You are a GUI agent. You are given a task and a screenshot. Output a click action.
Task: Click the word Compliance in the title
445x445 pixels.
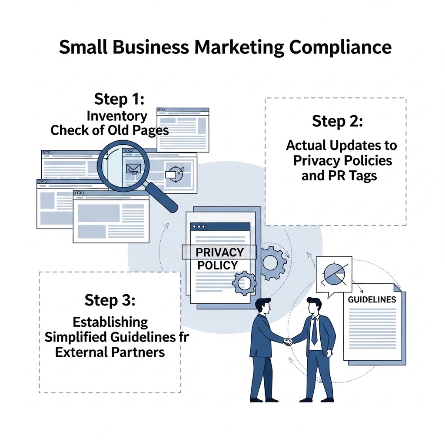point(340,47)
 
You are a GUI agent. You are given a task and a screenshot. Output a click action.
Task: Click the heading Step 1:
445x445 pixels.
point(119,99)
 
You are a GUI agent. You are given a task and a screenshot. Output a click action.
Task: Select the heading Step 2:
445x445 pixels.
point(337,122)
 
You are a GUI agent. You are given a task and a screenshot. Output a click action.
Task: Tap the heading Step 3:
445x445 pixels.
point(110,300)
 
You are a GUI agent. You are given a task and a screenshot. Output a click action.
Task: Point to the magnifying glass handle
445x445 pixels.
point(161,197)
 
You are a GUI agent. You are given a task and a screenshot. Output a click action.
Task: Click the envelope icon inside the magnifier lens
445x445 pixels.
point(133,169)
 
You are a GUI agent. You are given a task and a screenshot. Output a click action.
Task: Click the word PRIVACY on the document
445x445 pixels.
point(219,252)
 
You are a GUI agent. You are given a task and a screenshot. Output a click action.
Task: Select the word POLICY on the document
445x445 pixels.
point(217,266)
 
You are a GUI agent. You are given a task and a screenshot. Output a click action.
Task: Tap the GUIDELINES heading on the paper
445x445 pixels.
point(372,300)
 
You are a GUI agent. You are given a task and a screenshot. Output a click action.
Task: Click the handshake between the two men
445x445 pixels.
point(288,341)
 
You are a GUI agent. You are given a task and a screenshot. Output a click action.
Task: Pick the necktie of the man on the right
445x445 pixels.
point(314,331)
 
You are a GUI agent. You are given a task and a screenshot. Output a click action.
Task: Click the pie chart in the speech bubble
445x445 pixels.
point(334,274)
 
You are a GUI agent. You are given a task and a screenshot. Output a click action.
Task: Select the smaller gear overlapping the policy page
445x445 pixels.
point(244,283)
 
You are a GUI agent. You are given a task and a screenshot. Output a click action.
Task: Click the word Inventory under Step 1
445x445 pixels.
point(117,116)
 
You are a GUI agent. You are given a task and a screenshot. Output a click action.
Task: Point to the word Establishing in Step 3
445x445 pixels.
point(110,322)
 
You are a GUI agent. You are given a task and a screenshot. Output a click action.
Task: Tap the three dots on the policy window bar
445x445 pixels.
point(199,227)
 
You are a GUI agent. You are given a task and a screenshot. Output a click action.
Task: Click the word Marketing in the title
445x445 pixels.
point(239,47)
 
